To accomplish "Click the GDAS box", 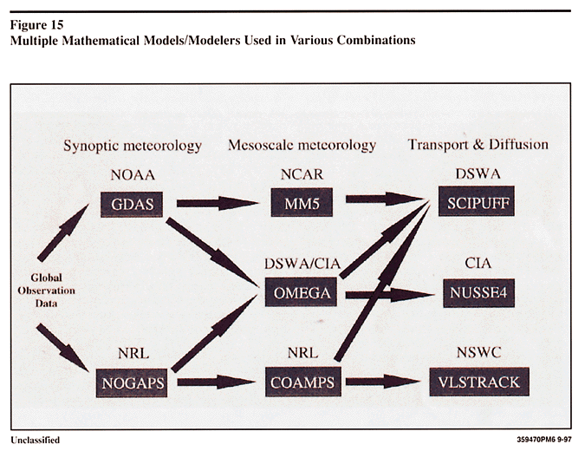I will click(x=131, y=206).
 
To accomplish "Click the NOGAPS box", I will click(x=131, y=382).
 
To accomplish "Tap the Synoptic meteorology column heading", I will click(x=132, y=146).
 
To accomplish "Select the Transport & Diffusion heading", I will click(x=478, y=145).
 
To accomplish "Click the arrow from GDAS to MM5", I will click(x=217, y=203).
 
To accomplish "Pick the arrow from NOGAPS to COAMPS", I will click(x=217, y=382).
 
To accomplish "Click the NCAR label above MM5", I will click(x=302, y=174).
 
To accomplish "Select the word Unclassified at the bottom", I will click(x=36, y=440).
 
